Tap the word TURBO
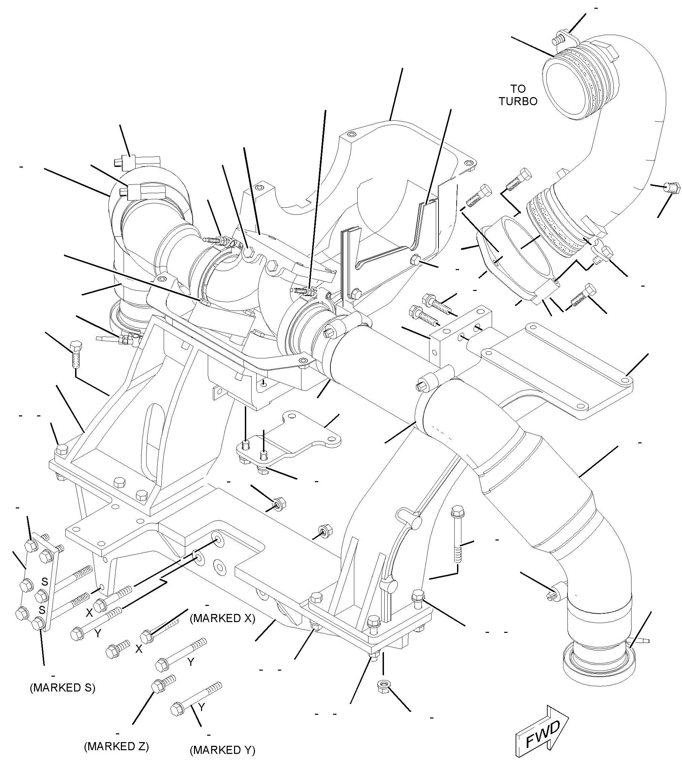point(518,101)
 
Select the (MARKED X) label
point(223,618)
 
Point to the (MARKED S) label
point(63,687)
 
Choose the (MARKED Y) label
point(223,750)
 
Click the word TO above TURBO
point(518,89)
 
